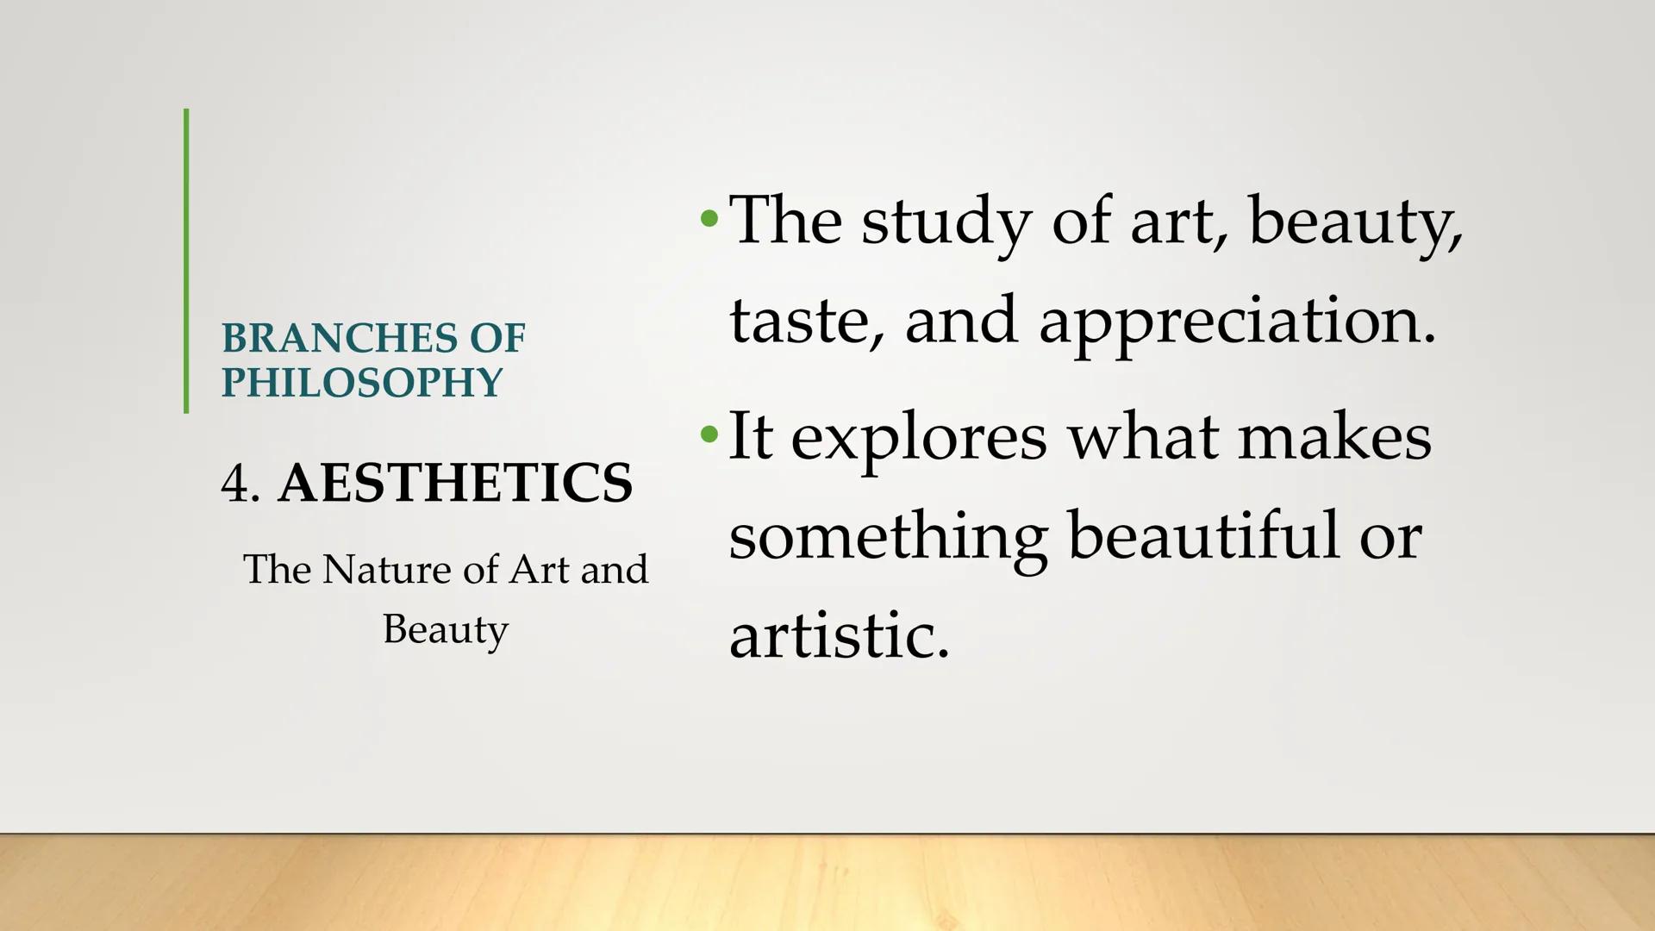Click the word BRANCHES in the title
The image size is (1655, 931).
339,338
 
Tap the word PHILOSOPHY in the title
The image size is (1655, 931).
362,383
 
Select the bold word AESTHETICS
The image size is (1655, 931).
455,482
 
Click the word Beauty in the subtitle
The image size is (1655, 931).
446,630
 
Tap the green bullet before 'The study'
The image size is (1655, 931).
709,219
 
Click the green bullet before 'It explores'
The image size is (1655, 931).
709,434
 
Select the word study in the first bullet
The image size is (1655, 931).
946,222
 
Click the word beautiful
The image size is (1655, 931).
1204,534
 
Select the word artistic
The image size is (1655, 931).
839,634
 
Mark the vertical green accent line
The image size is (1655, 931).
186,261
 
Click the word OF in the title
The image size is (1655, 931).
497,338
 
